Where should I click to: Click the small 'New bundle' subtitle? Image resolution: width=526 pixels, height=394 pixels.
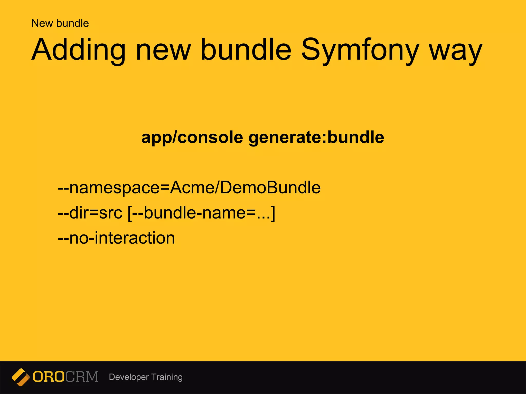(60, 23)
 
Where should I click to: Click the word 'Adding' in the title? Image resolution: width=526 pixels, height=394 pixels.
(78, 50)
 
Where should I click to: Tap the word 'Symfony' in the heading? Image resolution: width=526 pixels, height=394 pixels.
(360, 50)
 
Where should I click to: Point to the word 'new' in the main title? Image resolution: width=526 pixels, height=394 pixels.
(163, 50)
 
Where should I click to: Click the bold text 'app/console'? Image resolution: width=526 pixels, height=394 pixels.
(192, 138)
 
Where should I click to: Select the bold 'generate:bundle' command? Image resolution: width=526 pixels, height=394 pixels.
(316, 138)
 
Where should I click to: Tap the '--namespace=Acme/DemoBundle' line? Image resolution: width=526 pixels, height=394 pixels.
(189, 188)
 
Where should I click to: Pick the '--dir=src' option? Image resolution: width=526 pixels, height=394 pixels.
(90, 213)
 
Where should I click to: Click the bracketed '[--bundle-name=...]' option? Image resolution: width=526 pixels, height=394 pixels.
(201, 213)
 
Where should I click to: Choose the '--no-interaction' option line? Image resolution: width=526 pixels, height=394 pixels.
(116, 238)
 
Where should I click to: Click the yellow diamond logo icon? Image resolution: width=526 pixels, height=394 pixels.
(21, 377)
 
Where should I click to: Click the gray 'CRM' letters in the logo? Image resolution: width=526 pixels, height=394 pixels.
(82, 377)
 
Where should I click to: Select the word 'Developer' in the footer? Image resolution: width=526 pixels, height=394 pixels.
(129, 377)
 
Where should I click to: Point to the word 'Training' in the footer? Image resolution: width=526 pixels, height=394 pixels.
(167, 377)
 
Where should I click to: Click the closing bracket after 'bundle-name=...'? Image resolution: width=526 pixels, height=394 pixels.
(273, 213)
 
